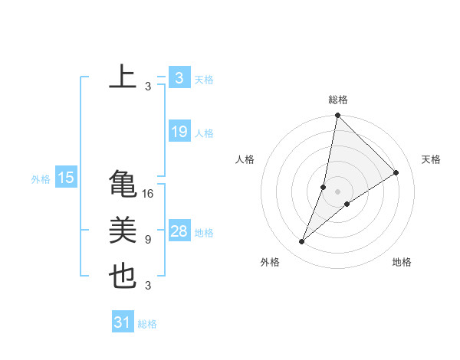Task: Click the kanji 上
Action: tap(123, 77)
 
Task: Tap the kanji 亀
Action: tap(123, 184)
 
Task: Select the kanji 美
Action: tap(123, 231)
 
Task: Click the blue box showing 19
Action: tap(179, 132)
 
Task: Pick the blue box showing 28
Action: tap(179, 231)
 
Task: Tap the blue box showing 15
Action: tap(66, 178)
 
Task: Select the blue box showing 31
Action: tap(123, 322)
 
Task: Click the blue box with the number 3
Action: tap(179, 77)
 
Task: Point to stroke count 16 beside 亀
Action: tap(148, 194)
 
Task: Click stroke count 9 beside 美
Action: tap(148, 240)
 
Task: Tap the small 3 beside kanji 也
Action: tap(148, 286)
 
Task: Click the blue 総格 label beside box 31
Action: tap(147, 324)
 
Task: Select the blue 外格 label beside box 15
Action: tap(41, 179)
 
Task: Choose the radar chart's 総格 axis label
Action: tap(338, 100)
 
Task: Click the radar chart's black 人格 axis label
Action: tap(245, 159)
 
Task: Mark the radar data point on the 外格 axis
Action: tap(302, 242)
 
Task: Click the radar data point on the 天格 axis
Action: tap(396, 173)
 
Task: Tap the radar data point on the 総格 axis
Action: tap(338, 116)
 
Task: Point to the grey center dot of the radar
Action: tap(338, 191)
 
